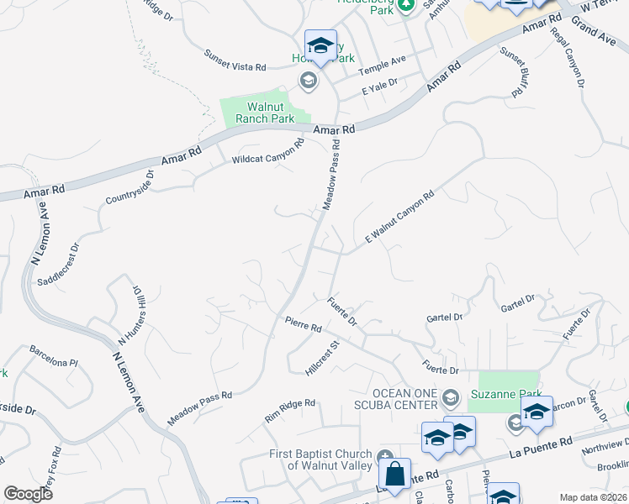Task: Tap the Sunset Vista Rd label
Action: click(235, 60)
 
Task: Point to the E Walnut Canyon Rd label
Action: click(399, 217)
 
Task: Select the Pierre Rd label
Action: click(304, 323)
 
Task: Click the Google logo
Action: click(28, 493)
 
